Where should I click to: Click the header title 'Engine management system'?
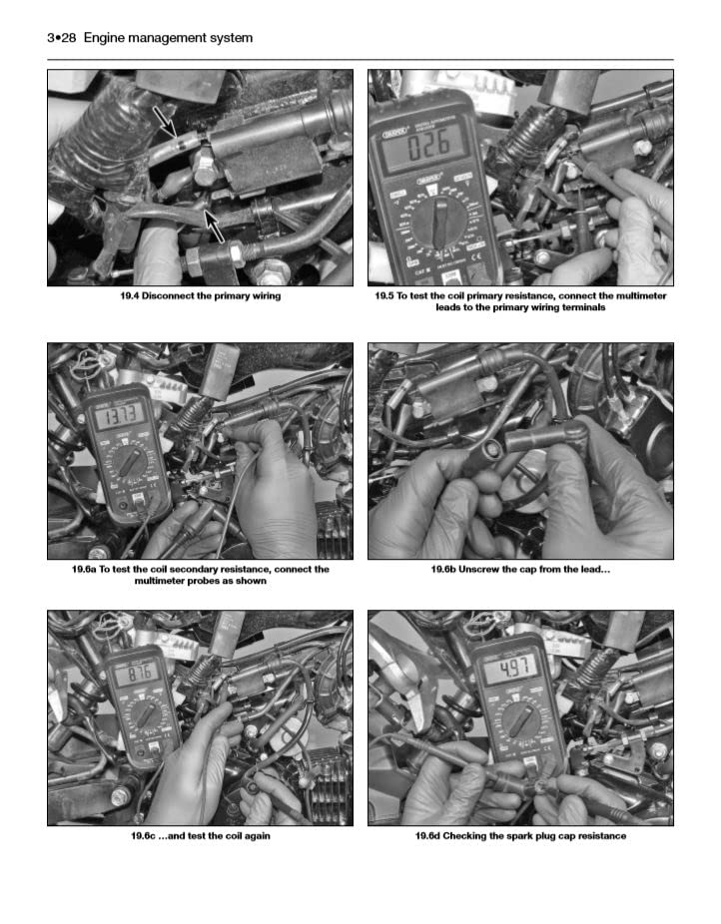[x=168, y=38]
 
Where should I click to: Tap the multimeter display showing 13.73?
[x=116, y=414]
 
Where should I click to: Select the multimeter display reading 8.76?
[x=139, y=675]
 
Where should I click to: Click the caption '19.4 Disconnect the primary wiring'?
[x=200, y=296]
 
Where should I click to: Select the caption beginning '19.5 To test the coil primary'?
[x=520, y=301]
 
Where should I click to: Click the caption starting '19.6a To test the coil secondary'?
[x=200, y=575]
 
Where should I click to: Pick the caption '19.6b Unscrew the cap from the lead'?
[x=520, y=570]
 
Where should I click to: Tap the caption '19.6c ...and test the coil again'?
[x=200, y=836]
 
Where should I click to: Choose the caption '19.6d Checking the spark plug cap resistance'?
[x=520, y=836]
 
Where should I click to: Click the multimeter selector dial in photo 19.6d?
[x=519, y=722]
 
